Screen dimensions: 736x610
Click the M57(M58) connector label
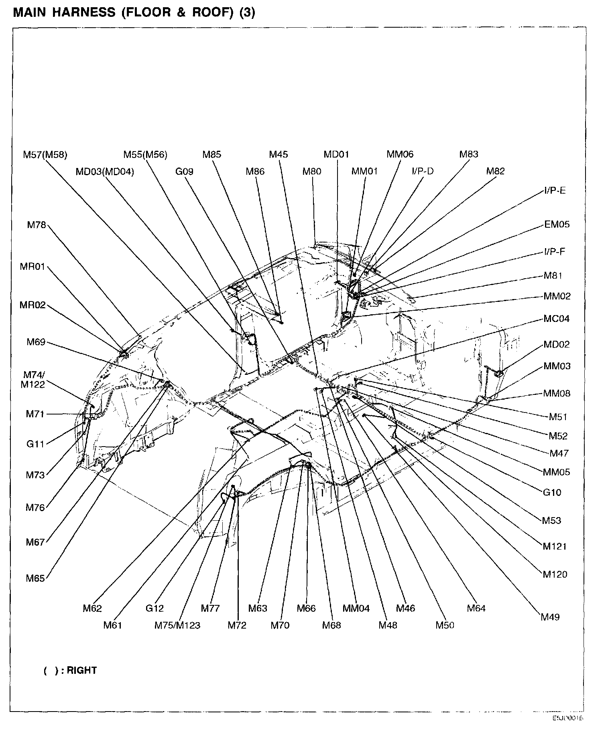(x=45, y=155)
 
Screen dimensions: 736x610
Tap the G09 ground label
(x=184, y=172)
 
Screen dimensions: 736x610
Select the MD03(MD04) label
(x=105, y=172)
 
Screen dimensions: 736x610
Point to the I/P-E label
(x=555, y=191)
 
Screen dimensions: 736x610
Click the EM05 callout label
(x=557, y=224)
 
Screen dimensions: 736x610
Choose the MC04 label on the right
(x=556, y=319)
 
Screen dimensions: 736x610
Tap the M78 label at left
(x=37, y=225)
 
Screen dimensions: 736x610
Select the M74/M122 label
(x=34, y=379)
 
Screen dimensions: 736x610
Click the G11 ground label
(x=35, y=444)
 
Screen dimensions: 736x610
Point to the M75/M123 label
(x=177, y=625)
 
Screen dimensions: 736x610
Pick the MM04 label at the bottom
(x=356, y=609)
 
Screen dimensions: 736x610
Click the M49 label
(x=550, y=617)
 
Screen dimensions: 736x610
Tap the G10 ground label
(x=552, y=492)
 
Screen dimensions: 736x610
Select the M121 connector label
(x=554, y=546)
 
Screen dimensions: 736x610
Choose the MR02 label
(x=33, y=305)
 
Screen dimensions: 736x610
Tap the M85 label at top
(x=211, y=155)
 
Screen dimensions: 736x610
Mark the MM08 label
(x=557, y=393)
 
